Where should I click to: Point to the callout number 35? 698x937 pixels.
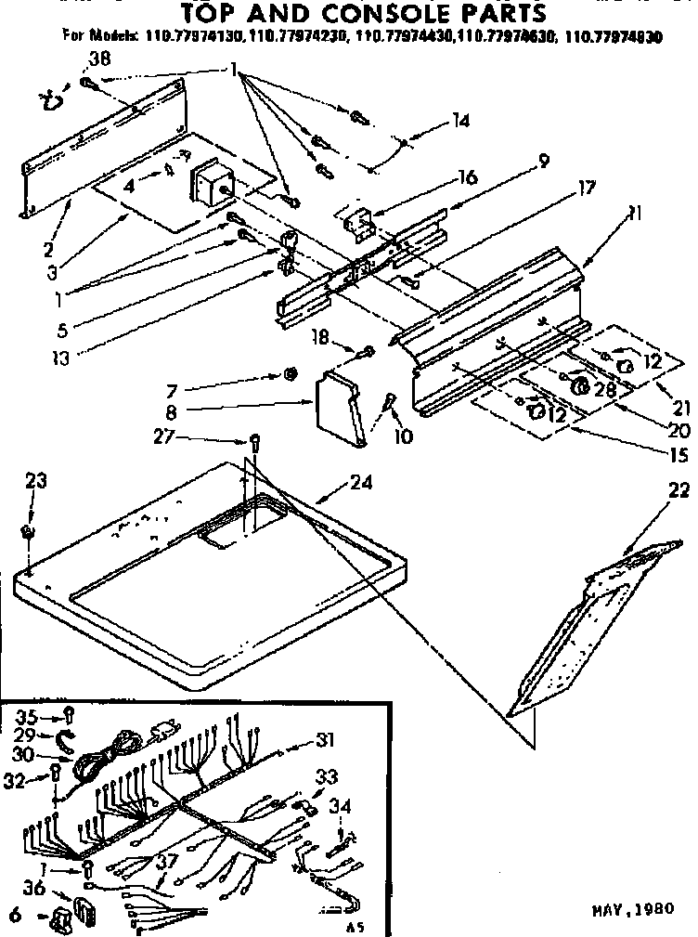[26, 715]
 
